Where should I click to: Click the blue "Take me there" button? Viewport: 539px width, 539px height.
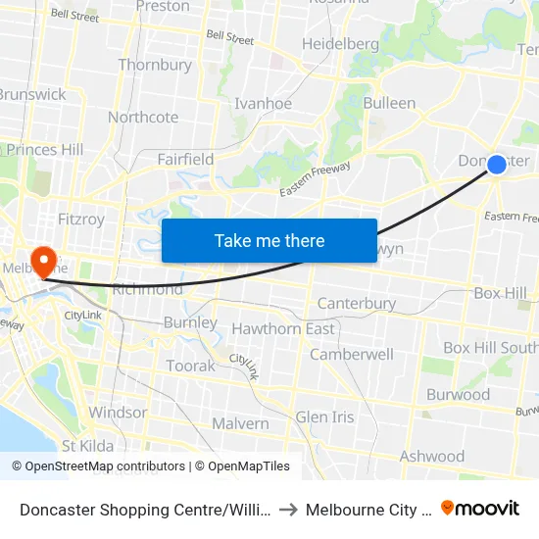[269, 240]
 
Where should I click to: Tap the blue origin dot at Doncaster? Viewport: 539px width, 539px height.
[497, 165]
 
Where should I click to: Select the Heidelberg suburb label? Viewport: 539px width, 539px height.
[340, 44]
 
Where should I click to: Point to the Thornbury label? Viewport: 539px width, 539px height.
[155, 65]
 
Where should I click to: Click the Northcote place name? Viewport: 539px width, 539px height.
[143, 117]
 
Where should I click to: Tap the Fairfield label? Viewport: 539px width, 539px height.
[185, 159]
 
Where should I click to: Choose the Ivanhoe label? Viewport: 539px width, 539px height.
[263, 103]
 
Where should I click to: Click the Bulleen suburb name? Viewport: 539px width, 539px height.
[389, 103]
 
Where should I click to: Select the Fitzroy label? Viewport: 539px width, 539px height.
[81, 220]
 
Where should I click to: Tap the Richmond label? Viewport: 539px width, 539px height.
[148, 289]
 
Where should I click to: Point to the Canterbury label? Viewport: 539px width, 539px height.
[357, 304]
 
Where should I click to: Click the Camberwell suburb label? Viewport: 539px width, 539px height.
[352, 354]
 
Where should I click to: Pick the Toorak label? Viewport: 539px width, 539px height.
[190, 366]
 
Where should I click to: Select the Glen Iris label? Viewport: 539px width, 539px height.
[324, 416]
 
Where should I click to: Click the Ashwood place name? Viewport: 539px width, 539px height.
[432, 456]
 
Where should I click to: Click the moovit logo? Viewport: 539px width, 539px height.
[479, 508]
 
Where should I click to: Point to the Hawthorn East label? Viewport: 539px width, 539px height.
[283, 328]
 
